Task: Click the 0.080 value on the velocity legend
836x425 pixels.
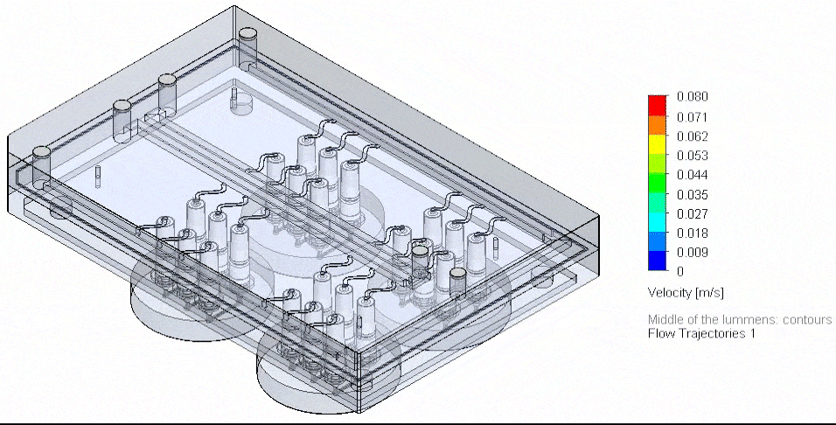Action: pos(692,96)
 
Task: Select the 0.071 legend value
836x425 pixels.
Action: pos(692,116)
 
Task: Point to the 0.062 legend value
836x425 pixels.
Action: pos(692,136)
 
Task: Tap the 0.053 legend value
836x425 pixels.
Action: pos(692,156)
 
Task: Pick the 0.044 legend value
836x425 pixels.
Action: pos(692,175)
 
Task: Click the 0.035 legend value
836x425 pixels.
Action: pos(692,194)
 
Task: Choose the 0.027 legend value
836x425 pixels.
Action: pos(692,214)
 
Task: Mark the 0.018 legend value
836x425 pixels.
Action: pos(692,233)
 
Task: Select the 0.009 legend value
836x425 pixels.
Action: pos(692,253)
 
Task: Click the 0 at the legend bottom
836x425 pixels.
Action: pos(680,272)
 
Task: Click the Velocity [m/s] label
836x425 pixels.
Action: pos(686,291)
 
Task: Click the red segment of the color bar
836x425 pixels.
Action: pos(658,105)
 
